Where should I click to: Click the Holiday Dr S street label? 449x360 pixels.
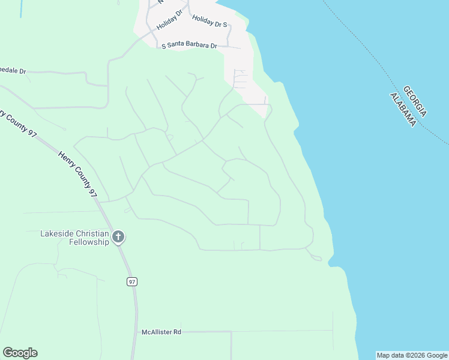coord(209,22)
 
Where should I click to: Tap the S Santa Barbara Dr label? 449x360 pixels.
coord(189,46)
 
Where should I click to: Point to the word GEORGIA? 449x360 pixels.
coord(415,101)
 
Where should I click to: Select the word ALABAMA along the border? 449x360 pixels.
coord(403,110)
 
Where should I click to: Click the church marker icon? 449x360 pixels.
coord(118,237)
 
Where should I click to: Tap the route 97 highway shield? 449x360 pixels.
coord(132,281)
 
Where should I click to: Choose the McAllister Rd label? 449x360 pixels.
coord(161,332)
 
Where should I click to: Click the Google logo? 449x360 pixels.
coord(20,353)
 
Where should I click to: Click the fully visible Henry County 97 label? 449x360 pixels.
coord(77,174)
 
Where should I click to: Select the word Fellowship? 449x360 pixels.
coord(89,242)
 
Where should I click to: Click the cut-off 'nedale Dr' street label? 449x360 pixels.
coord(13,70)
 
